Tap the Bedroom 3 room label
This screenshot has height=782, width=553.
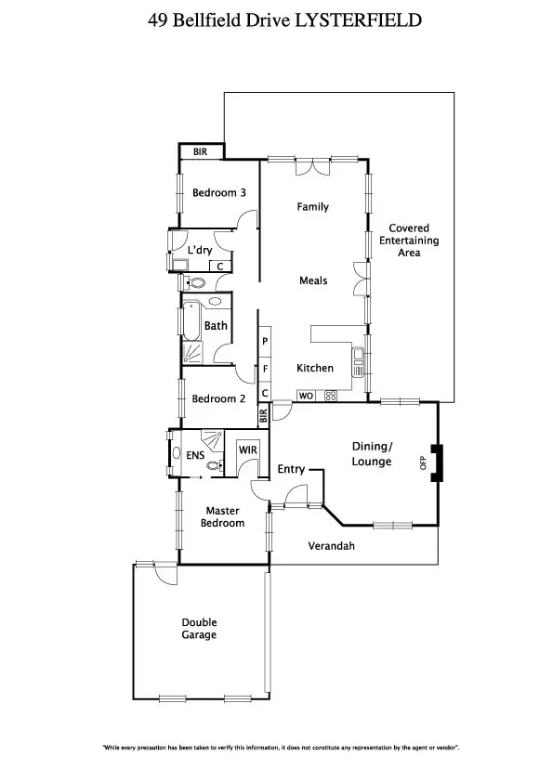(x=219, y=193)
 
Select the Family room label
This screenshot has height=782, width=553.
(x=313, y=206)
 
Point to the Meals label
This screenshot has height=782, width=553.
(x=313, y=280)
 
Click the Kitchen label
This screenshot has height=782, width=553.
(x=315, y=368)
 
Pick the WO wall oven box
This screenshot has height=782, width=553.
(x=305, y=396)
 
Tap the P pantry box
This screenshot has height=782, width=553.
(x=265, y=342)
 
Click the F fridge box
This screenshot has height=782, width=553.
(x=265, y=369)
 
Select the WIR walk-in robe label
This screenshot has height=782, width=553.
(x=247, y=450)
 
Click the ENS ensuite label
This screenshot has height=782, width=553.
(x=195, y=455)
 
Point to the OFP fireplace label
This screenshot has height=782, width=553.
(x=424, y=463)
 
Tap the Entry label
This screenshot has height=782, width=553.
(x=291, y=470)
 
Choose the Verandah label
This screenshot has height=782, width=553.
(x=332, y=546)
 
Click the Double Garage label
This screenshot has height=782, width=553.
(x=199, y=629)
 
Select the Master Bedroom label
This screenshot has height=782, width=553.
(x=223, y=517)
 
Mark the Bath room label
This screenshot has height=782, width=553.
(x=216, y=326)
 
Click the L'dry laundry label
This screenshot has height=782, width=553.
(x=200, y=251)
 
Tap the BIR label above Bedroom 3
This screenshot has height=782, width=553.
(x=200, y=151)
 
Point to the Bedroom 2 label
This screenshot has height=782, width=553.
(x=218, y=398)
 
